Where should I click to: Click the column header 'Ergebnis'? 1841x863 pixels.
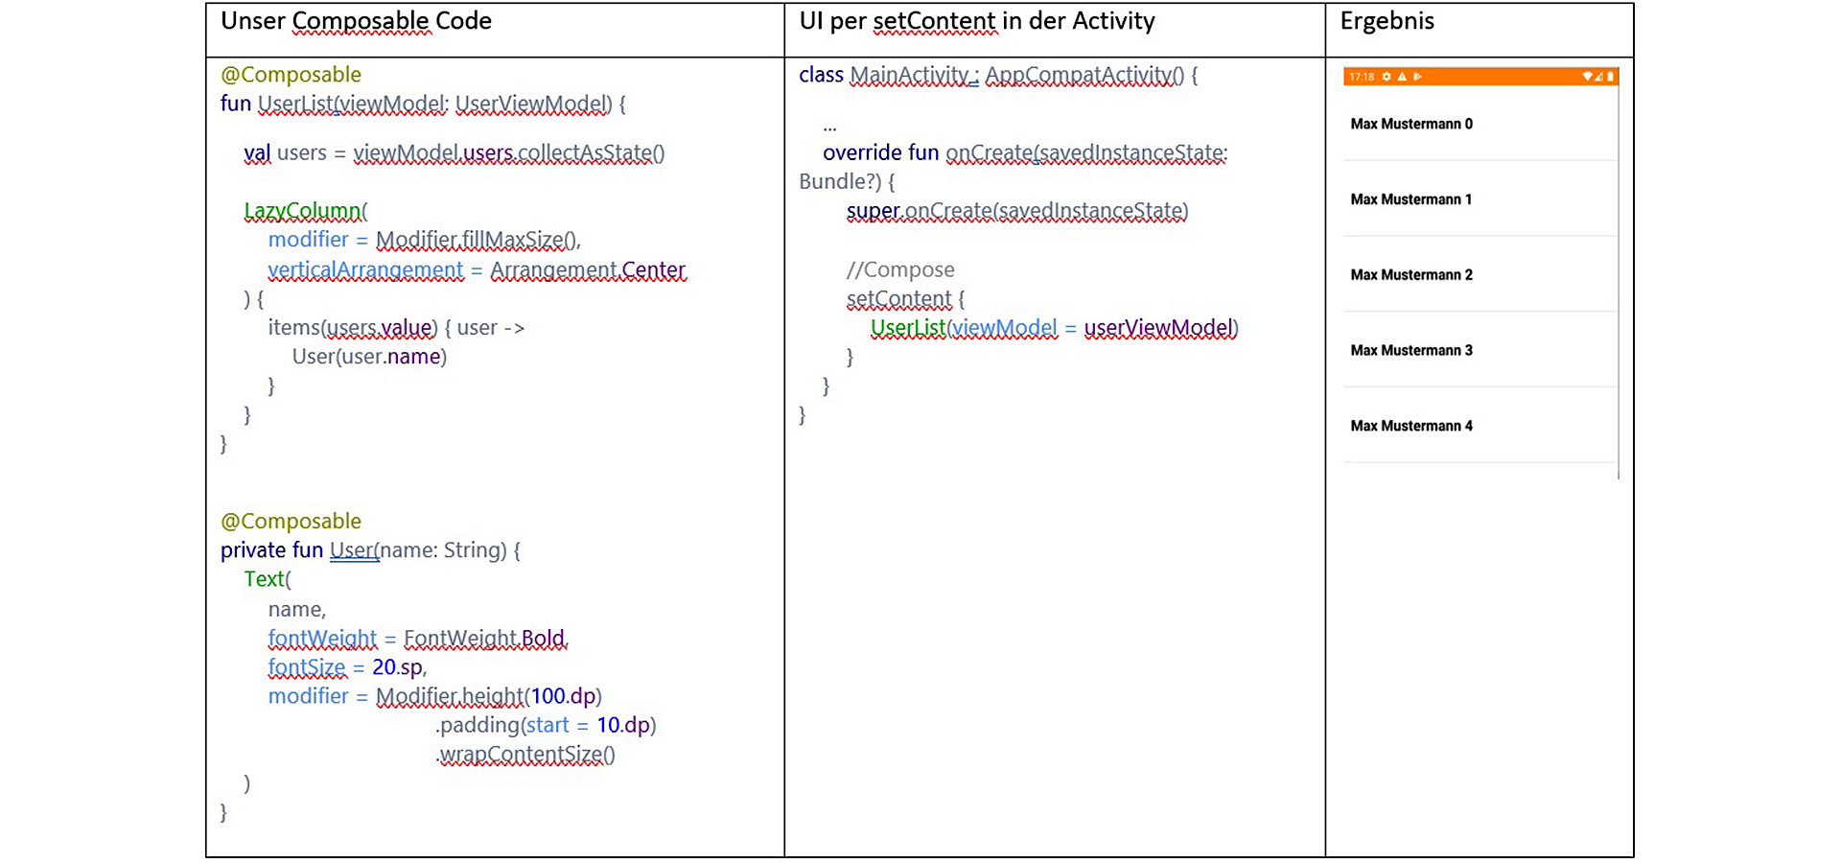pyautogui.click(x=1387, y=21)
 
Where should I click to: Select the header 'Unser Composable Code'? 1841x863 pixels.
pyautogui.click(x=356, y=21)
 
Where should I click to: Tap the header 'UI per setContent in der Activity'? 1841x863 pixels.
pyautogui.click(x=976, y=21)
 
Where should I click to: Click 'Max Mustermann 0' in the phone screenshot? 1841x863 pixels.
pyautogui.click(x=1410, y=124)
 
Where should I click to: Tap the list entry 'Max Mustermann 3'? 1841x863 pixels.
pyautogui.click(x=1410, y=350)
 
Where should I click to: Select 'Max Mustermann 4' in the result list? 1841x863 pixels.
pyautogui.click(x=1410, y=426)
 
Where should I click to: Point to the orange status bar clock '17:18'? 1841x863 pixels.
pyautogui.click(x=1361, y=77)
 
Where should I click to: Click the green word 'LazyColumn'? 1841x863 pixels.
pyautogui.click(x=303, y=211)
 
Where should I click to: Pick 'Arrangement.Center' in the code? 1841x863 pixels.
pyautogui.click(x=588, y=270)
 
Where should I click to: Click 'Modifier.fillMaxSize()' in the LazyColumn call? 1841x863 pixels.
pyautogui.click(x=477, y=240)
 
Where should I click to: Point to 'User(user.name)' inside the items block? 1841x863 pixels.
pyautogui.click(x=369, y=357)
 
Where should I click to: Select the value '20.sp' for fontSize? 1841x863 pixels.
pyautogui.click(x=397, y=667)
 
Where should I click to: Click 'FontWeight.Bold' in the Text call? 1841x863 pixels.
pyautogui.click(x=485, y=639)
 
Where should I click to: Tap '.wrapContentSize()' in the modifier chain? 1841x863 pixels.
pyautogui.click(x=525, y=755)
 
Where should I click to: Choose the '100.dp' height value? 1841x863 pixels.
pyautogui.click(x=564, y=696)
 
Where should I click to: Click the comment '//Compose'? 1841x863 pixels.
pyautogui.click(x=900, y=270)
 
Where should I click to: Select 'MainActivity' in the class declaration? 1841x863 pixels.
pyautogui.click(x=910, y=75)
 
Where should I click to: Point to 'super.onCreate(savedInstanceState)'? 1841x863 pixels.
pyautogui.click(x=1016, y=211)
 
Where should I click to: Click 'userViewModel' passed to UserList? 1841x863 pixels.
pyautogui.click(x=1160, y=328)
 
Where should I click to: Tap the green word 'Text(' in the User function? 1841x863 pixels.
pyautogui.click(x=267, y=579)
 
